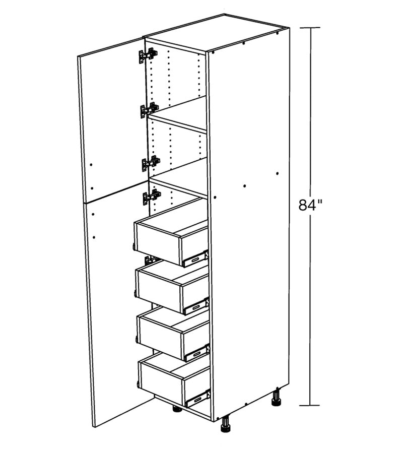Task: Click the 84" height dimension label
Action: point(310,205)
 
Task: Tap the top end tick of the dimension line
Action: point(310,28)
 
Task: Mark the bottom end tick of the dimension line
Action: point(310,406)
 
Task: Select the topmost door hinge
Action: point(148,55)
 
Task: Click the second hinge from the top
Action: point(149,110)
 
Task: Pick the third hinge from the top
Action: point(151,164)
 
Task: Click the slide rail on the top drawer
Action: point(195,259)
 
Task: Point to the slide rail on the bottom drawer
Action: point(198,398)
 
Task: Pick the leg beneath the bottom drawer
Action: point(177,409)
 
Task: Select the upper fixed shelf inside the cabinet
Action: point(177,114)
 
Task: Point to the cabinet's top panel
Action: point(217,32)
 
